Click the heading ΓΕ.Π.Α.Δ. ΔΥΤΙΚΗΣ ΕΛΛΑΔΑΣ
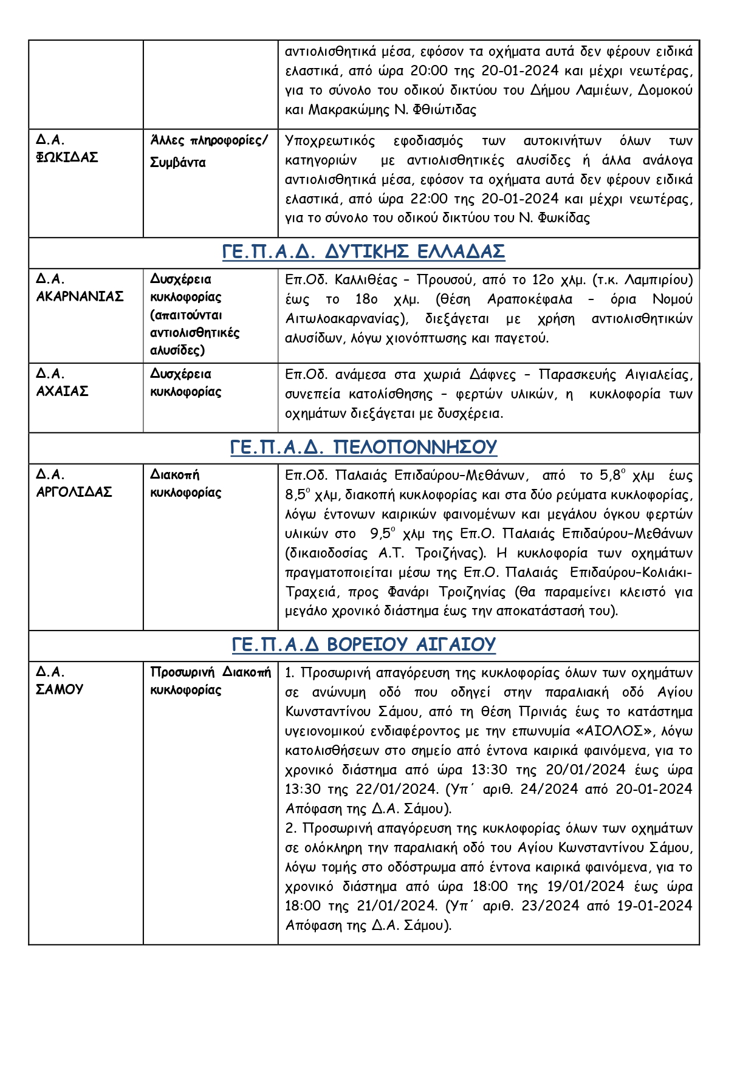363,251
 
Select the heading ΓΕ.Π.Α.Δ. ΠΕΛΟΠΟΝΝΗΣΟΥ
363,448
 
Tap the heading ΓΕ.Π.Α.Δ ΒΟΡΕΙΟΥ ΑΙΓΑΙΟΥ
363,644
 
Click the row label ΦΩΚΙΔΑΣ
67,157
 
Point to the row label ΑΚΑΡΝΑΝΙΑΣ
80,296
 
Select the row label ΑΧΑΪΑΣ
62,391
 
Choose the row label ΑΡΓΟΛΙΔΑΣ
74,492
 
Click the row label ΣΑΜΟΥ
60,689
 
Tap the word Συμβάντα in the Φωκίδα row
178,163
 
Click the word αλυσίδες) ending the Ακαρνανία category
177,350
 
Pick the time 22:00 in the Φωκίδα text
430,199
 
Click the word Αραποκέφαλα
529,299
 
